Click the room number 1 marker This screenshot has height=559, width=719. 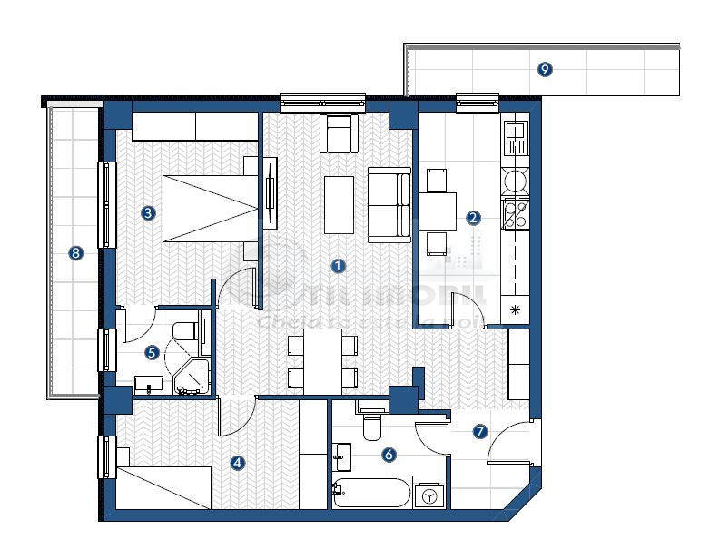[x=339, y=266]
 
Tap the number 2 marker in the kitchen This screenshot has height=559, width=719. [x=472, y=218]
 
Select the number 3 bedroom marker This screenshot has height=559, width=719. [x=147, y=213]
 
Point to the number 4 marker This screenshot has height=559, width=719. [x=238, y=463]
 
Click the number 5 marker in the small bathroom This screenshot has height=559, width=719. [x=153, y=352]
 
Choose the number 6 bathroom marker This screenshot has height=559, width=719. [x=389, y=455]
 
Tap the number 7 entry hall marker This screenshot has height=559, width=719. [x=480, y=432]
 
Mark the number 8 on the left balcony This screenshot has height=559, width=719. [x=75, y=253]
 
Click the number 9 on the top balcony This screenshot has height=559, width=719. [x=544, y=69]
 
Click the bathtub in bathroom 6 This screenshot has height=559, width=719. [x=372, y=494]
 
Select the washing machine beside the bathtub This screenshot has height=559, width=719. [x=428, y=495]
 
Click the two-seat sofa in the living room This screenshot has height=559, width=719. [x=389, y=204]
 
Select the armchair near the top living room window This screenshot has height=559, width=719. [x=337, y=134]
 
